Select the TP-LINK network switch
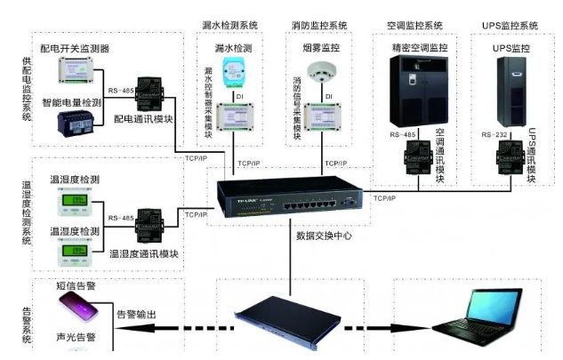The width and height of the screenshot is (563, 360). [288, 198]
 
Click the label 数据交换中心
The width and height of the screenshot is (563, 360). [324, 236]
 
